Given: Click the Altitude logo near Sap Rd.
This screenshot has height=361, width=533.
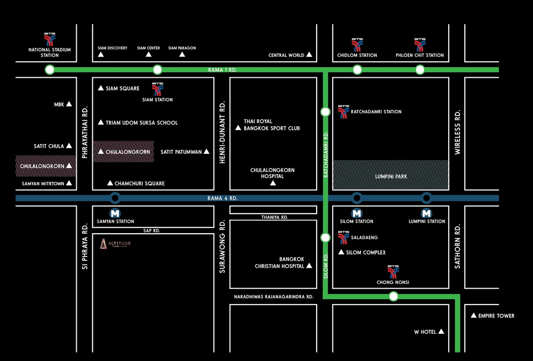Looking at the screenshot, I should [115, 244].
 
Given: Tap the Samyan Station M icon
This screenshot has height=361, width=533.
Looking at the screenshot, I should [115, 211].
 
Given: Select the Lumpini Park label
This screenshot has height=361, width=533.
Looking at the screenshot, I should [391, 176].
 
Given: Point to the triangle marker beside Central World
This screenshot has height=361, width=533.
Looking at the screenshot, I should [309, 55].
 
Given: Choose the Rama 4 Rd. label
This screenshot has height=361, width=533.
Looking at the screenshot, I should [223, 198].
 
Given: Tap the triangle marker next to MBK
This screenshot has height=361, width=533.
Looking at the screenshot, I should [69, 104].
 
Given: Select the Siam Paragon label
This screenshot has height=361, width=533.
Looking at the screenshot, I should [182, 48].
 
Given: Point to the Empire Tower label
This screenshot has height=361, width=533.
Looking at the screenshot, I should [496, 316].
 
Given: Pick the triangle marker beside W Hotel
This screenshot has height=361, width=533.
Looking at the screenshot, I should [441, 332].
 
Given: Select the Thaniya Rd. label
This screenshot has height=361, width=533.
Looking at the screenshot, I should [274, 217].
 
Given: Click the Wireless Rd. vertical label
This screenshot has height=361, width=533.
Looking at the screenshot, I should [457, 133].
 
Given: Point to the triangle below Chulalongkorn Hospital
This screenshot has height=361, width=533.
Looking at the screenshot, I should [273, 183].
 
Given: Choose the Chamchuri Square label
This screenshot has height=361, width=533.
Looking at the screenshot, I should [140, 183].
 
